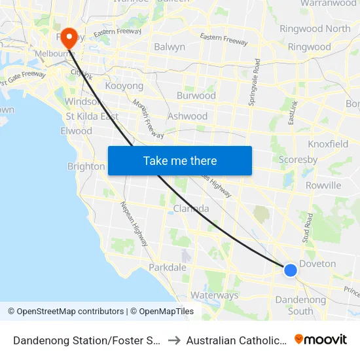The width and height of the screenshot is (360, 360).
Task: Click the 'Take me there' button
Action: click(179, 160)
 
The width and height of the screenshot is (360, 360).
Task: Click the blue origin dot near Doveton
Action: click(291, 269)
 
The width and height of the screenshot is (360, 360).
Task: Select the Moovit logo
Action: click(321, 340)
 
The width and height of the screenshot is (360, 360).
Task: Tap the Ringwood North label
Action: click(314, 29)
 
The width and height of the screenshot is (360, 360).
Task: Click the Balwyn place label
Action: click(169, 47)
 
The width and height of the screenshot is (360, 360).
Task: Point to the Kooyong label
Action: click(124, 86)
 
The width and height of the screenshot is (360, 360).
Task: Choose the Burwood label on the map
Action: click(196, 96)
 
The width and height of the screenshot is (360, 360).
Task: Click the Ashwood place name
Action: click(187, 116)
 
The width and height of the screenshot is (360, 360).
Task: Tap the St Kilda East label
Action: click(92, 117)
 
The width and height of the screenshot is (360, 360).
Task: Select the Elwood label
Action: click(76, 130)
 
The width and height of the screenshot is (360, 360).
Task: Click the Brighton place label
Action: click(86, 166)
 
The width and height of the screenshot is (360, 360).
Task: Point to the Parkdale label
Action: click(168, 267)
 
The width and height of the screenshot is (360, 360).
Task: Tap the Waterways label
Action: click(215, 295)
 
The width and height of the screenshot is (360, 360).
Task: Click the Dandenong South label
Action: click(300, 305)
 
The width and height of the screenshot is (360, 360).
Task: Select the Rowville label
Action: click(323, 185)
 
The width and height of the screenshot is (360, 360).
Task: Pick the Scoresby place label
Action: click(298, 159)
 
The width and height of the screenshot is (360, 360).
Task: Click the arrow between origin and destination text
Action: click(174, 340)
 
